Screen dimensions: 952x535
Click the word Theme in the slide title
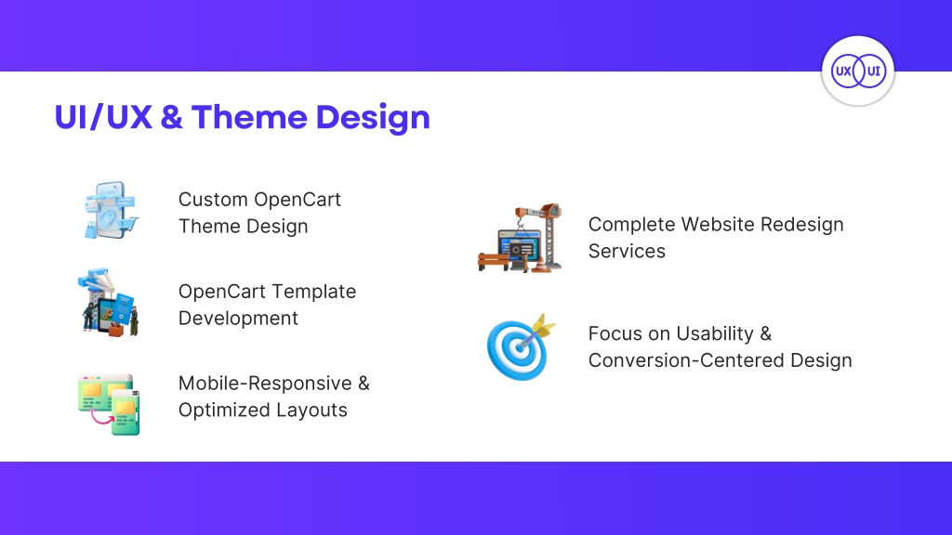tap(250, 117)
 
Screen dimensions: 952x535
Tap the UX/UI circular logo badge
tap(858, 71)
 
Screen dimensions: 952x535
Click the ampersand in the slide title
tap(172, 117)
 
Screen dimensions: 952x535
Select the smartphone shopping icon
tap(111, 210)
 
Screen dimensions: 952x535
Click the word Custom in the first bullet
tap(213, 200)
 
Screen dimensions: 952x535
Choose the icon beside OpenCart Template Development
tap(110, 302)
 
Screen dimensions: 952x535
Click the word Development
tap(238, 319)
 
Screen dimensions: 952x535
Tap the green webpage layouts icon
tap(110, 405)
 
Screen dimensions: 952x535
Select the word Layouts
tap(312, 410)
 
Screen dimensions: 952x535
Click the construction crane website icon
tap(520, 238)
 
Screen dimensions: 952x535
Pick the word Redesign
tap(802, 225)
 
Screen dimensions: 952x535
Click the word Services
tap(627, 251)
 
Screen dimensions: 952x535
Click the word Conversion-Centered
tap(686, 360)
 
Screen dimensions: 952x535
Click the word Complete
tap(632, 225)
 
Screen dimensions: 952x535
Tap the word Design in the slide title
tap(373, 118)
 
